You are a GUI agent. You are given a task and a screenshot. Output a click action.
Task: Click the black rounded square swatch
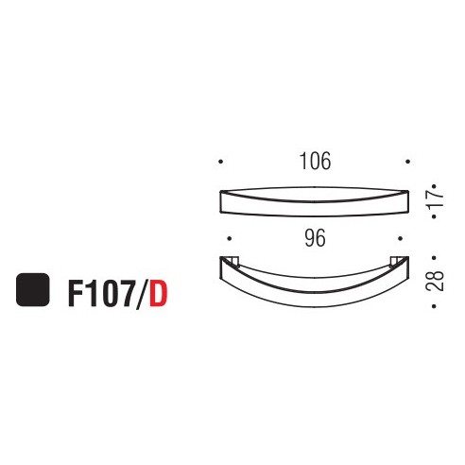[33, 288]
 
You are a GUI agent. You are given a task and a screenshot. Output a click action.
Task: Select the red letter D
[158, 291]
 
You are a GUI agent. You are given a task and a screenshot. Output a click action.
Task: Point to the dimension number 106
[315, 162]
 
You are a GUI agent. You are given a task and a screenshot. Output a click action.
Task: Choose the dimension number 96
[315, 239]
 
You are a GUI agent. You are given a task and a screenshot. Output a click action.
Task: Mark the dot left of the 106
[219, 162]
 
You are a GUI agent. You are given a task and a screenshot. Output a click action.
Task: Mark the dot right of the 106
[407, 162]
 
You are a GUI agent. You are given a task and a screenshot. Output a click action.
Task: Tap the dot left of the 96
[228, 239]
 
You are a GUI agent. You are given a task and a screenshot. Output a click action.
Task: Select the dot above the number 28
[433, 255]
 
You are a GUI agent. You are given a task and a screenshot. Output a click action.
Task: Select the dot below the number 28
[433, 301]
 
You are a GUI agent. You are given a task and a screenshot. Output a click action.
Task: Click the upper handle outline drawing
[313, 200]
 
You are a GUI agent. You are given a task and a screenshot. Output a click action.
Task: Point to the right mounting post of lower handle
[399, 262]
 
